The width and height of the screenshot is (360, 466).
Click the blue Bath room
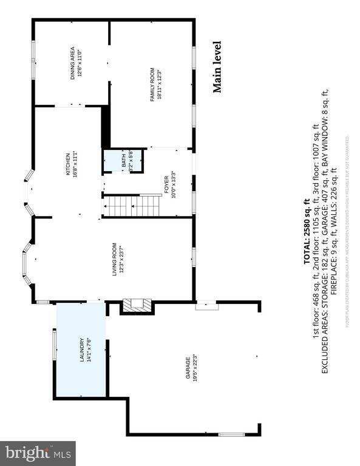(123, 161)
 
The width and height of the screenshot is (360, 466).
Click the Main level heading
(217, 67)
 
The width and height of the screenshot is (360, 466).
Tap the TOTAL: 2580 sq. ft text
(307, 228)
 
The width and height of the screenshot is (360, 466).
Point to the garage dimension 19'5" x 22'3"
(194, 367)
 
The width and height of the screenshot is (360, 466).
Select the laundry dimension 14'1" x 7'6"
(88, 349)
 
